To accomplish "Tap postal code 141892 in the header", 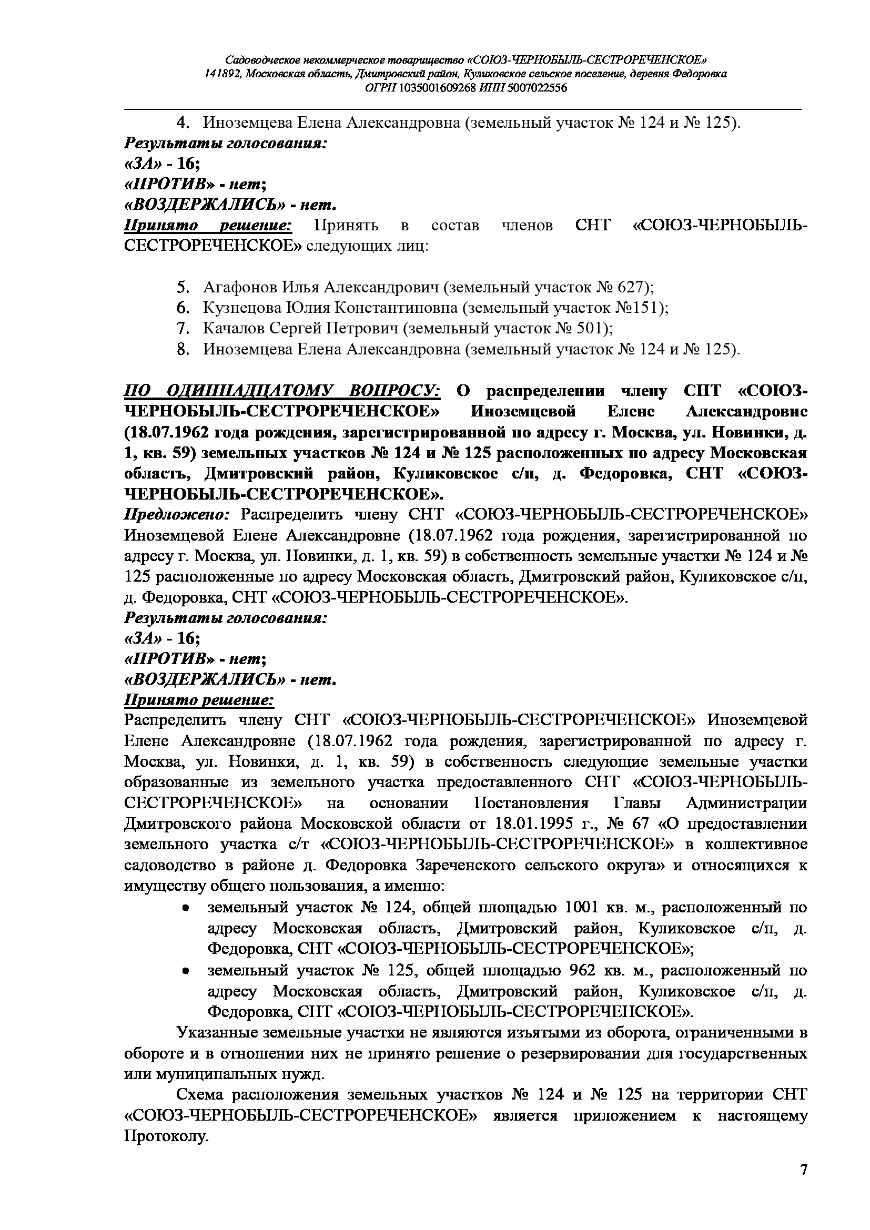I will [x=221, y=74].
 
